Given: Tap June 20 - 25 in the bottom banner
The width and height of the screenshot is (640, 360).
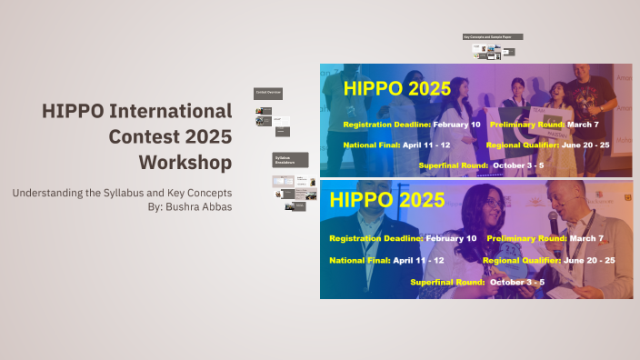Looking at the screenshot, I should [x=589, y=260].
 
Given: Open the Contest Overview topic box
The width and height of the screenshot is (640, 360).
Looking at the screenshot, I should [x=268, y=93].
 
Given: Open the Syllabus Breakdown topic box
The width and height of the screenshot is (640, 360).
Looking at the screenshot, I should [x=290, y=159].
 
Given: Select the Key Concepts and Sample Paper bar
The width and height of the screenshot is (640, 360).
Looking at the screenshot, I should [x=493, y=37].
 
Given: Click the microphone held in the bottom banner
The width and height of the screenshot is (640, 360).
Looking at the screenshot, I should [x=554, y=220].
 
